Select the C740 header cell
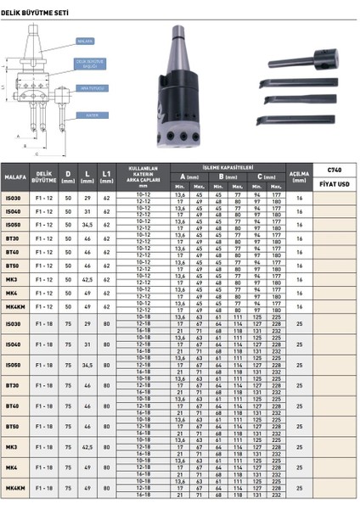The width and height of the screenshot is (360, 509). pos(334,171)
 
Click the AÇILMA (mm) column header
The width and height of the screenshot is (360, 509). pos(299,179)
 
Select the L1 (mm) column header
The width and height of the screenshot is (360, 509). pos(107,179)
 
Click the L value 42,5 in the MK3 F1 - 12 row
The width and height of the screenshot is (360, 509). pos(87,278)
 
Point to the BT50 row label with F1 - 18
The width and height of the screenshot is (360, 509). pos(13,426)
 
